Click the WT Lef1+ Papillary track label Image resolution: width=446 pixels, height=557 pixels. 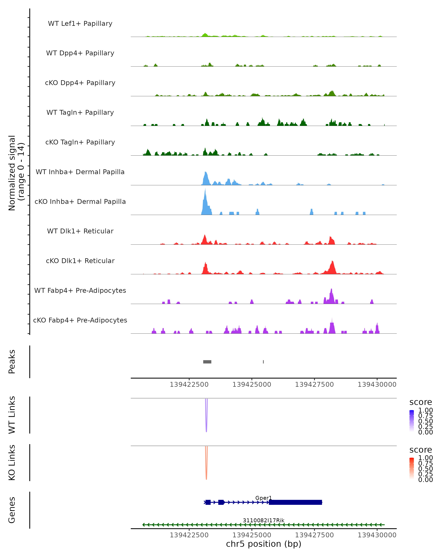point(80,24)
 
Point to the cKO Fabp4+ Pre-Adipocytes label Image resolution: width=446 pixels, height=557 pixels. point(80,320)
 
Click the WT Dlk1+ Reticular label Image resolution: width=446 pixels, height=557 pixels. point(80,231)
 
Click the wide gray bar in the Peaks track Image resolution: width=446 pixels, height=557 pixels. point(207,362)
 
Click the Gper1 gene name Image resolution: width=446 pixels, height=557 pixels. point(264,498)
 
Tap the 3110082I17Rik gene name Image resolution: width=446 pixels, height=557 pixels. point(264,520)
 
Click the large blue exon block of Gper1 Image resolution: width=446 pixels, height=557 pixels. point(295,502)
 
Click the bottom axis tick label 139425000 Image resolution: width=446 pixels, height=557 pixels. point(252,535)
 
